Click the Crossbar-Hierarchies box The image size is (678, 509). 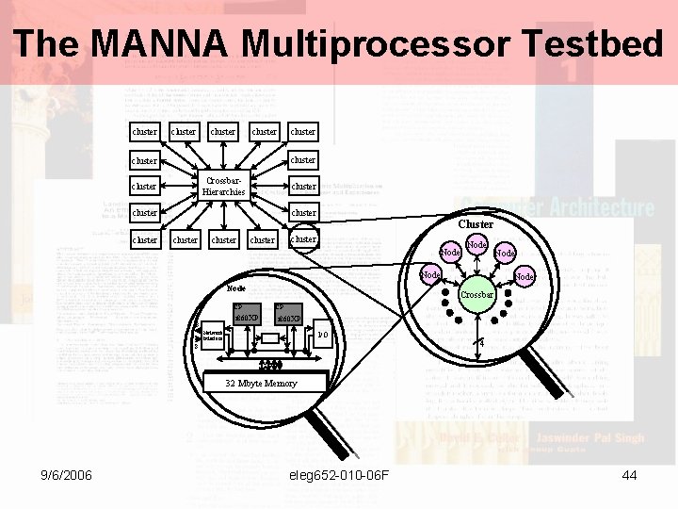coord(223,186)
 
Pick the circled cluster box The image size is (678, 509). coord(303,239)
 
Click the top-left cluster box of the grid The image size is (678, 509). coord(145,132)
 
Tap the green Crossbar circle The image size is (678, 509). coord(476,295)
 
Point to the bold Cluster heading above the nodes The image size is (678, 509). coord(476,224)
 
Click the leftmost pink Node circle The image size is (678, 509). coord(430,274)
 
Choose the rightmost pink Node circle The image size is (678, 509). coord(525,277)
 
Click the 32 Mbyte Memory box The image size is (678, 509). coord(261,383)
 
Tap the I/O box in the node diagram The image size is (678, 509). coord(322,335)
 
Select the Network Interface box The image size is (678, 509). coord(212,335)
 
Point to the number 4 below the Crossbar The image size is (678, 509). coord(481,344)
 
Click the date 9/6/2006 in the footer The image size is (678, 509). coord(65,475)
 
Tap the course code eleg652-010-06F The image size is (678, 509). coord(340,475)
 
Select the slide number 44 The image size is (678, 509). coord(630,475)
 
